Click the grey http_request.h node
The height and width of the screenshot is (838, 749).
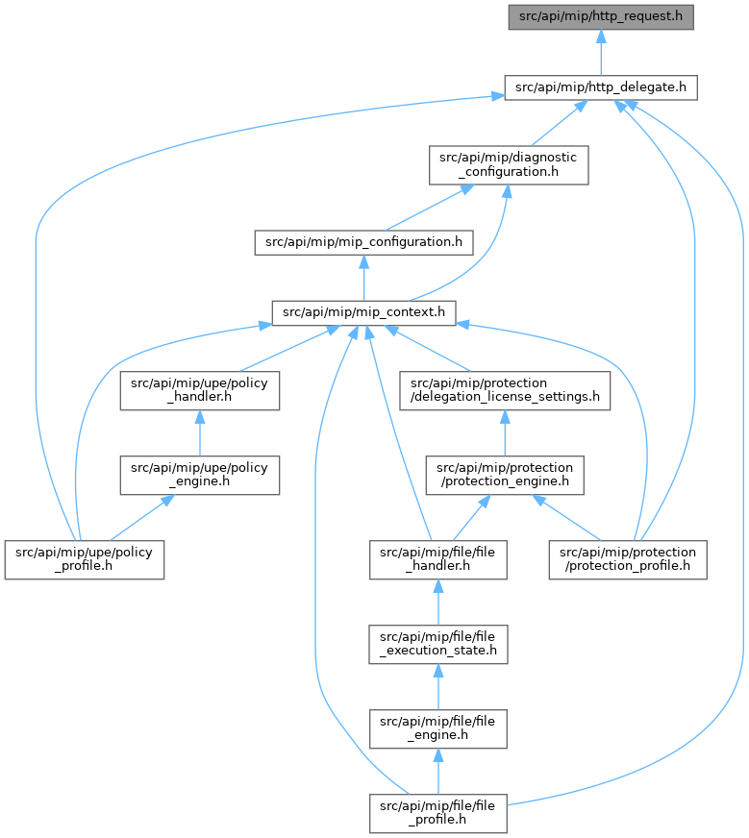600,17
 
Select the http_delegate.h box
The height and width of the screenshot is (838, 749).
600,87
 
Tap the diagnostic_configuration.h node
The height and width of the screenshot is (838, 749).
509,165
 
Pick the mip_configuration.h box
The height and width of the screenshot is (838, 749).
363,242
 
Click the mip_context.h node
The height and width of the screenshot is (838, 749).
363,312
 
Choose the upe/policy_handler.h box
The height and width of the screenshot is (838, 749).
199,391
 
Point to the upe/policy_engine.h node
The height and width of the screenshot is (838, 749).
199,475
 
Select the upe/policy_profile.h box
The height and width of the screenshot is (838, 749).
85,559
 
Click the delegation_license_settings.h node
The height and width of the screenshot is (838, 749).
505,391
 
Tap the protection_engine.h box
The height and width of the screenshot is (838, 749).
505,475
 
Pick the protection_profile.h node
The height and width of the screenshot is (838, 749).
628,559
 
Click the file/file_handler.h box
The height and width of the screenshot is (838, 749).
437,559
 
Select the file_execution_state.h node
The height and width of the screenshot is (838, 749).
437,645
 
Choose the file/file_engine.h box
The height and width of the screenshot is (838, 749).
437,729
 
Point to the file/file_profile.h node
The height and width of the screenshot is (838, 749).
437,813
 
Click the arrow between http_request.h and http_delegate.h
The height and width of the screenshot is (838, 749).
601,52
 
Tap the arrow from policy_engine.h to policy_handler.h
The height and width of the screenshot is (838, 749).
199,432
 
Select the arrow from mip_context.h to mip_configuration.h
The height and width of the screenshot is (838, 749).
364,278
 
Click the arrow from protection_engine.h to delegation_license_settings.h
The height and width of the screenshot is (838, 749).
505,432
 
